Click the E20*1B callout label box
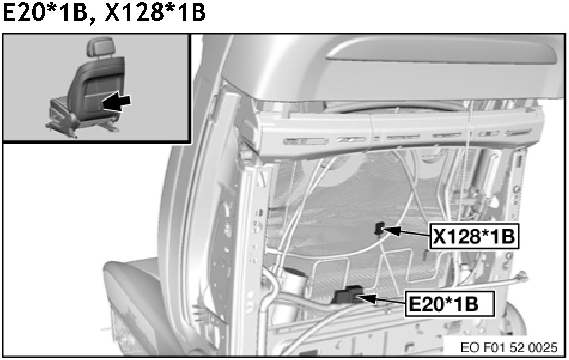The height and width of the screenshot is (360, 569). pyautogui.click(x=450, y=304)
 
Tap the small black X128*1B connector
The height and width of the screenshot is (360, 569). pyautogui.click(x=379, y=228)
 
